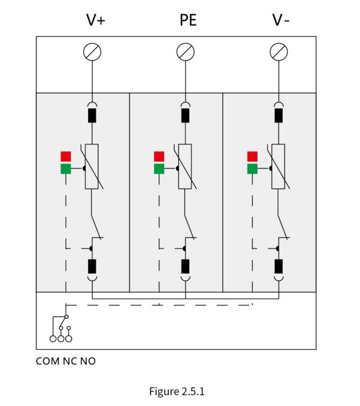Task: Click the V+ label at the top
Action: (96, 20)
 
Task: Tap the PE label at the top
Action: (188, 20)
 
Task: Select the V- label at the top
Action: (281, 20)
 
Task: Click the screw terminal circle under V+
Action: (92, 51)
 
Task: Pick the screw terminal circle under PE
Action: (186, 51)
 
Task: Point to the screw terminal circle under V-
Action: (279, 51)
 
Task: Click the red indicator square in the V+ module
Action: (66, 157)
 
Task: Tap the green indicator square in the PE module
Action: (159, 169)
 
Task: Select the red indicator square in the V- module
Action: (252, 157)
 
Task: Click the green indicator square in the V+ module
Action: (66, 169)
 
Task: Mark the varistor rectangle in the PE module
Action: (185, 166)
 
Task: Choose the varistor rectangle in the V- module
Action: (279, 166)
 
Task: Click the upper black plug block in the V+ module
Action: (92, 116)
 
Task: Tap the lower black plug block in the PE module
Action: (186, 266)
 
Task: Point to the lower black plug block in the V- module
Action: (279, 266)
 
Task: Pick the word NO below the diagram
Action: (88, 361)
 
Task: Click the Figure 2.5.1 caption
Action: (177, 391)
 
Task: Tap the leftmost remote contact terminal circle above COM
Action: (53, 338)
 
